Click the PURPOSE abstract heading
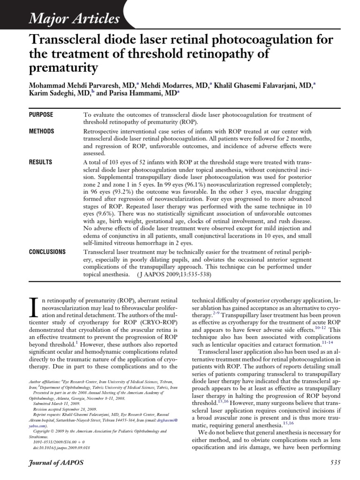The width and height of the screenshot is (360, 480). [41, 115]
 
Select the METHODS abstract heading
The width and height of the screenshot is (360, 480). [41, 131]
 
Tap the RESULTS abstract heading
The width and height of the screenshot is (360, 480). [40, 162]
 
